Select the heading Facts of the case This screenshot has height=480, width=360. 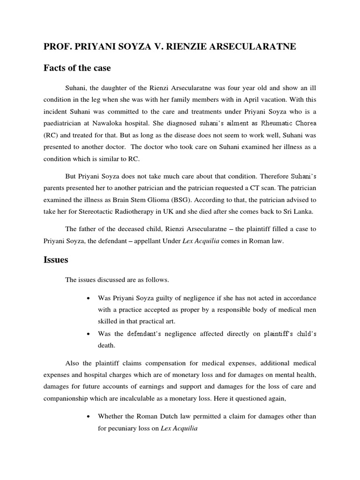(77, 68)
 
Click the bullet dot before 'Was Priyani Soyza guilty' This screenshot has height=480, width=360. (88, 298)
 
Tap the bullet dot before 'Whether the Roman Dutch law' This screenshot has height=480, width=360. (88, 416)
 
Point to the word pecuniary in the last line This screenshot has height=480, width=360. (125, 428)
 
